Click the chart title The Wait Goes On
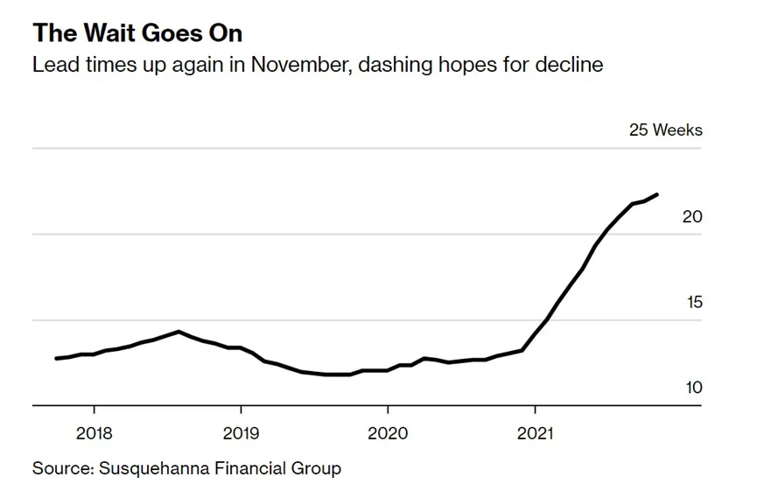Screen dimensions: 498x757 (x=137, y=34)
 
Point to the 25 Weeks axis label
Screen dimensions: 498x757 (x=665, y=130)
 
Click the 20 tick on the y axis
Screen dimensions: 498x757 (x=692, y=216)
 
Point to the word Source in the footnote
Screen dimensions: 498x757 (x=61, y=468)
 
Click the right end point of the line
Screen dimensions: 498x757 (x=657, y=194)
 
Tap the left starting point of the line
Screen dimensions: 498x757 (x=56, y=358)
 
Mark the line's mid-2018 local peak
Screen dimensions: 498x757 (x=179, y=332)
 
